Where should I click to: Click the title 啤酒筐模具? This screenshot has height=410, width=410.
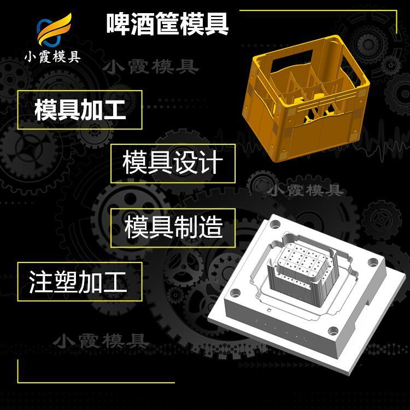[168, 24]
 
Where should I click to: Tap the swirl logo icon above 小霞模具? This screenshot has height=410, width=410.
[54, 30]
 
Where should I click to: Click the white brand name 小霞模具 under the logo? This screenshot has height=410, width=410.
[52, 57]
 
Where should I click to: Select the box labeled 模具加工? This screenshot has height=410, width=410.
[80, 110]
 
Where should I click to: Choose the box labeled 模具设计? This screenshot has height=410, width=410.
[173, 163]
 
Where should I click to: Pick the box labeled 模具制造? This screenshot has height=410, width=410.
[173, 228]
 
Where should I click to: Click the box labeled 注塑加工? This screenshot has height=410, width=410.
[80, 282]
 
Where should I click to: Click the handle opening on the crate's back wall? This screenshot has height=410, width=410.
[292, 61]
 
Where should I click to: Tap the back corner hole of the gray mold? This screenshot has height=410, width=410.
[275, 224]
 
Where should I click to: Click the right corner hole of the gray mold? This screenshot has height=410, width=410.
[373, 262]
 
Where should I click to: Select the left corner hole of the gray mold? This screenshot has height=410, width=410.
[235, 292]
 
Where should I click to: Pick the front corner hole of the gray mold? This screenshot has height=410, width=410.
[333, 331]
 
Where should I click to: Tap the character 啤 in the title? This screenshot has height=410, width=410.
[118, 24]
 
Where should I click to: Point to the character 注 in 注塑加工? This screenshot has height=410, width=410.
[41, 282]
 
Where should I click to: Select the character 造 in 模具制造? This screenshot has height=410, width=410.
[210, 227]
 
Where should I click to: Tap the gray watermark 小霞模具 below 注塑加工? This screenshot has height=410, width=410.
[101, 341]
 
